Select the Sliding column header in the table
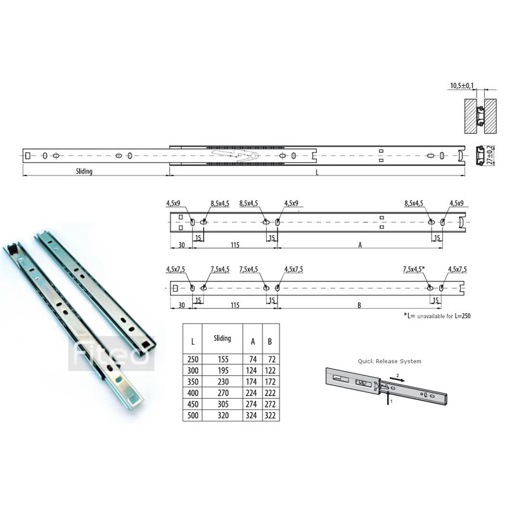222,339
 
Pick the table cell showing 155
222,359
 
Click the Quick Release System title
388,361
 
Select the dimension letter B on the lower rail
359,305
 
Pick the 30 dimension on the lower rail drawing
181,305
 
